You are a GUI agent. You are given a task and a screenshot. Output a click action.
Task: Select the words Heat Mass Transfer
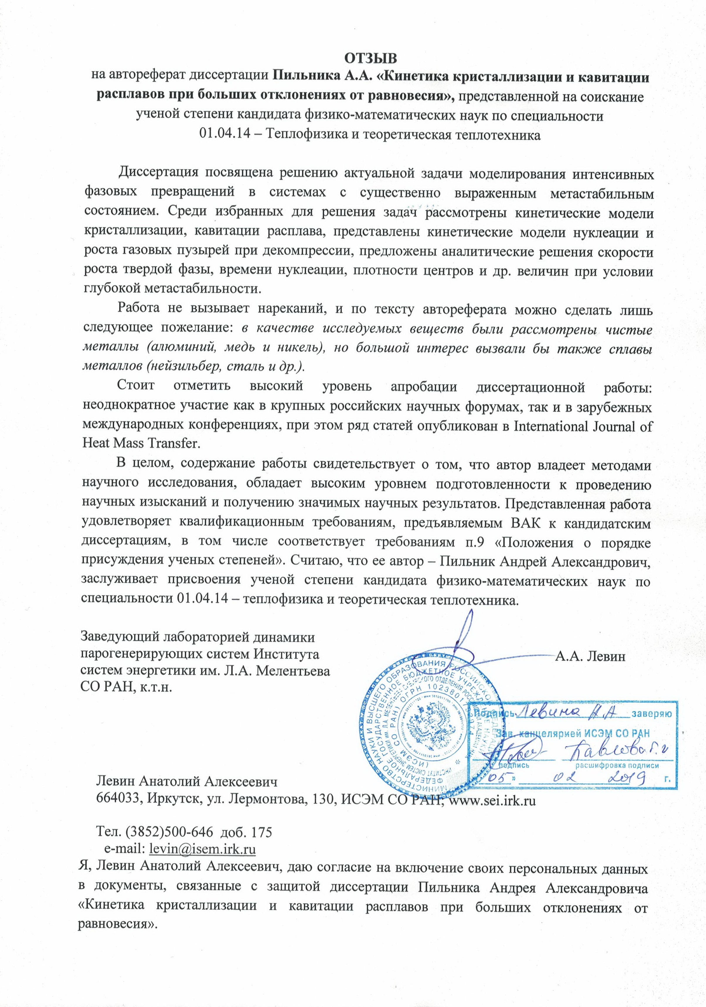point(141,443)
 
